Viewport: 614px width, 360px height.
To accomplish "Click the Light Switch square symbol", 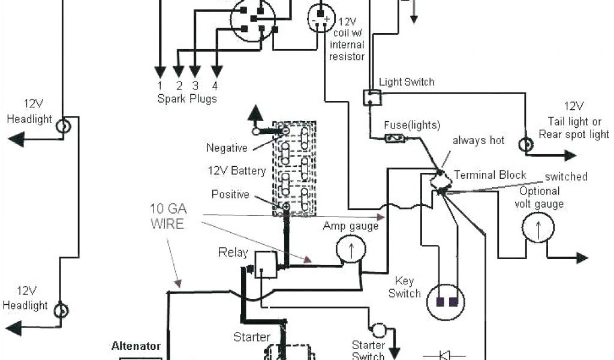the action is coord(372,98).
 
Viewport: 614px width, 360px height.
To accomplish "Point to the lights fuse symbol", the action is coord(396,138).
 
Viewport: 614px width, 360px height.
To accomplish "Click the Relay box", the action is coord(266,265).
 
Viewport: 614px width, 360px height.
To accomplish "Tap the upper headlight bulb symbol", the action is coord(63,126).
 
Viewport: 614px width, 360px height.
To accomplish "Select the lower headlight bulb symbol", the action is coord(61,311).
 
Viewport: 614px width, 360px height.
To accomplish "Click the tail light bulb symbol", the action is coord(526,145).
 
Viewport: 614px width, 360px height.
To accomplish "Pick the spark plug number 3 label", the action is coord(195,85).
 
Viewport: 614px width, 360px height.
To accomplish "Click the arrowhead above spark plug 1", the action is coord(159,71).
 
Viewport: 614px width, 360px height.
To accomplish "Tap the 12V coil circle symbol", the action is coord(321,19).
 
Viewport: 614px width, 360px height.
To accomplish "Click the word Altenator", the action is coord(136,346).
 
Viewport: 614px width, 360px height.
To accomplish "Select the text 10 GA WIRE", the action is coord(168,216).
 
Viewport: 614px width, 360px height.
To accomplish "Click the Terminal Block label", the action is coord(490,175).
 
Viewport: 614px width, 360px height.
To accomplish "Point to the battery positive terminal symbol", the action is coord(286,206).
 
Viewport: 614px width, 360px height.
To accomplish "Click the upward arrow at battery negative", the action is coord(255,114).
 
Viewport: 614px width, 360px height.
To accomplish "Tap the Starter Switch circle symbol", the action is coord(378,330).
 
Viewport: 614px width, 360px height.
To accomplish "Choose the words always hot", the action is coord(478,140).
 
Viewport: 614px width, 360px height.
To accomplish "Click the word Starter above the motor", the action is coord(252,337).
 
